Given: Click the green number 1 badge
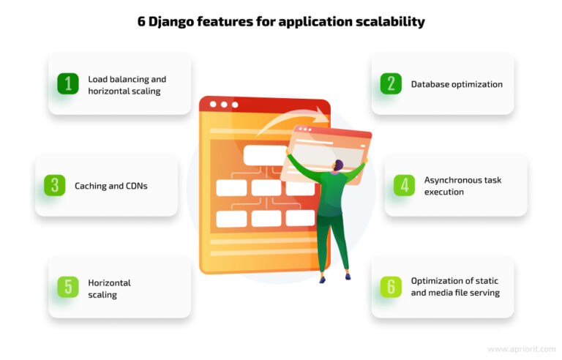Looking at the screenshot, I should tap(68, 84).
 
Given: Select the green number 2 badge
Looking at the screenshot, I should tap(391, 84).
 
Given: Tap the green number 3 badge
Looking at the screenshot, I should tap(55, 186).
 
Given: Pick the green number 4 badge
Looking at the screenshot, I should tap(404, 185).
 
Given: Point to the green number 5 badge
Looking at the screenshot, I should tap(68, 287).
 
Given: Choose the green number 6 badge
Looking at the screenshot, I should tap(391, 287).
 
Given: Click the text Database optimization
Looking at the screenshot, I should tap(456, 84).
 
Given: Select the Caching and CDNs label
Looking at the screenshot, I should tap(110, 186).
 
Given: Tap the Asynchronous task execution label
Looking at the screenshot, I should tap(462, 186).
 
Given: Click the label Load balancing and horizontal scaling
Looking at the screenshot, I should tap(127, 84).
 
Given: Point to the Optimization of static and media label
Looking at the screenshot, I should tap(454, 287).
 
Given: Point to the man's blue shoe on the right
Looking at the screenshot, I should tap(347, 277).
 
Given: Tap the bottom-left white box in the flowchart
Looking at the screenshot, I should tap(231, 218).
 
